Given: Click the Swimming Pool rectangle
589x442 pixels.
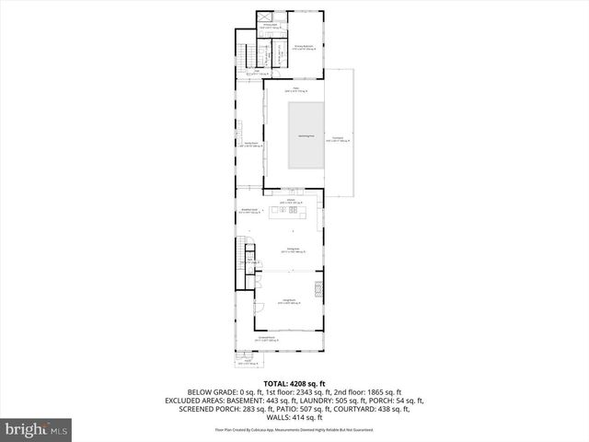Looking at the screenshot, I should (x=306, y=135).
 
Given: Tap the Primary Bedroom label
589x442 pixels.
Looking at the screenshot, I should (x=305, y=45).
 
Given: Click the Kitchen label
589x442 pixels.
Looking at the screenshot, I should (x=290, y=201).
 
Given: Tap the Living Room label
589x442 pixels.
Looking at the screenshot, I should (x=288, y=301).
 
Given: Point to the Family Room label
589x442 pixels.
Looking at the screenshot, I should (x=249, y=144).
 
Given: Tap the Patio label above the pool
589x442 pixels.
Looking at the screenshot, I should (x=297, y=90).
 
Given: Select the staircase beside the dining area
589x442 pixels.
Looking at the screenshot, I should (x=245, y=250).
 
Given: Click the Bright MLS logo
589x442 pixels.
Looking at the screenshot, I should (x=37, y=429).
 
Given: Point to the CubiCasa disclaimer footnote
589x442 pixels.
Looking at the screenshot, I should (x=294, y=429).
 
